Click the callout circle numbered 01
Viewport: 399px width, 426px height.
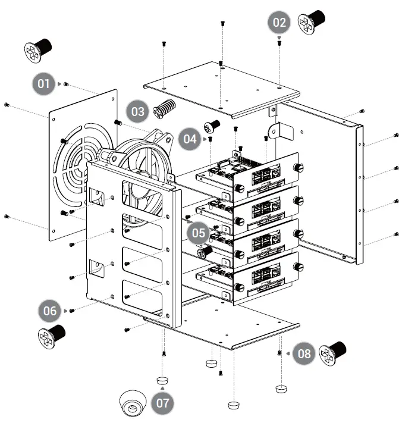pyautogui.click(x=43, y=84)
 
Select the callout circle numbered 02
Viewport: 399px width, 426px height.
pyautogui.click(x=279, y=23)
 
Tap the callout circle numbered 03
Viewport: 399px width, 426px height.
pyautogui.click(x=138, y=111)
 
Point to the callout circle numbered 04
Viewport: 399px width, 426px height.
pyautogui.click(x=190, y=139)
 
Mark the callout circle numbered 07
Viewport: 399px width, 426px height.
pyautogui.click(x=162, y=403)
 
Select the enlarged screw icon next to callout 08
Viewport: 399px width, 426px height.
pyautogui.click(x=332, y=353)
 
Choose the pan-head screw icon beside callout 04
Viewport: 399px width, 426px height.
pyautogui.click(x=212, y=126)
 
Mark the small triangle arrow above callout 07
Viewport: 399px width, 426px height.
pyautogui.click(x=162, y=387)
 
